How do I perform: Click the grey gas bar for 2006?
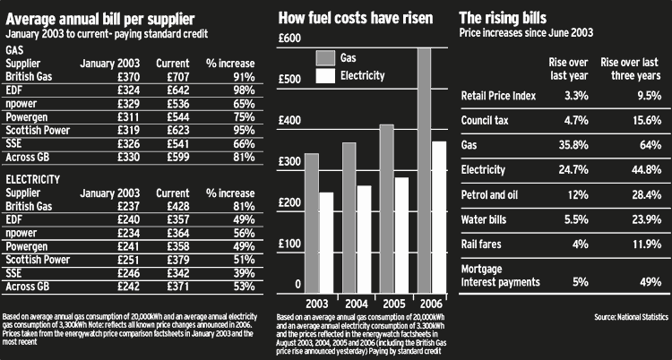coord(424,170)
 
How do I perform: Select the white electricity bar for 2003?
coord(325,242)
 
